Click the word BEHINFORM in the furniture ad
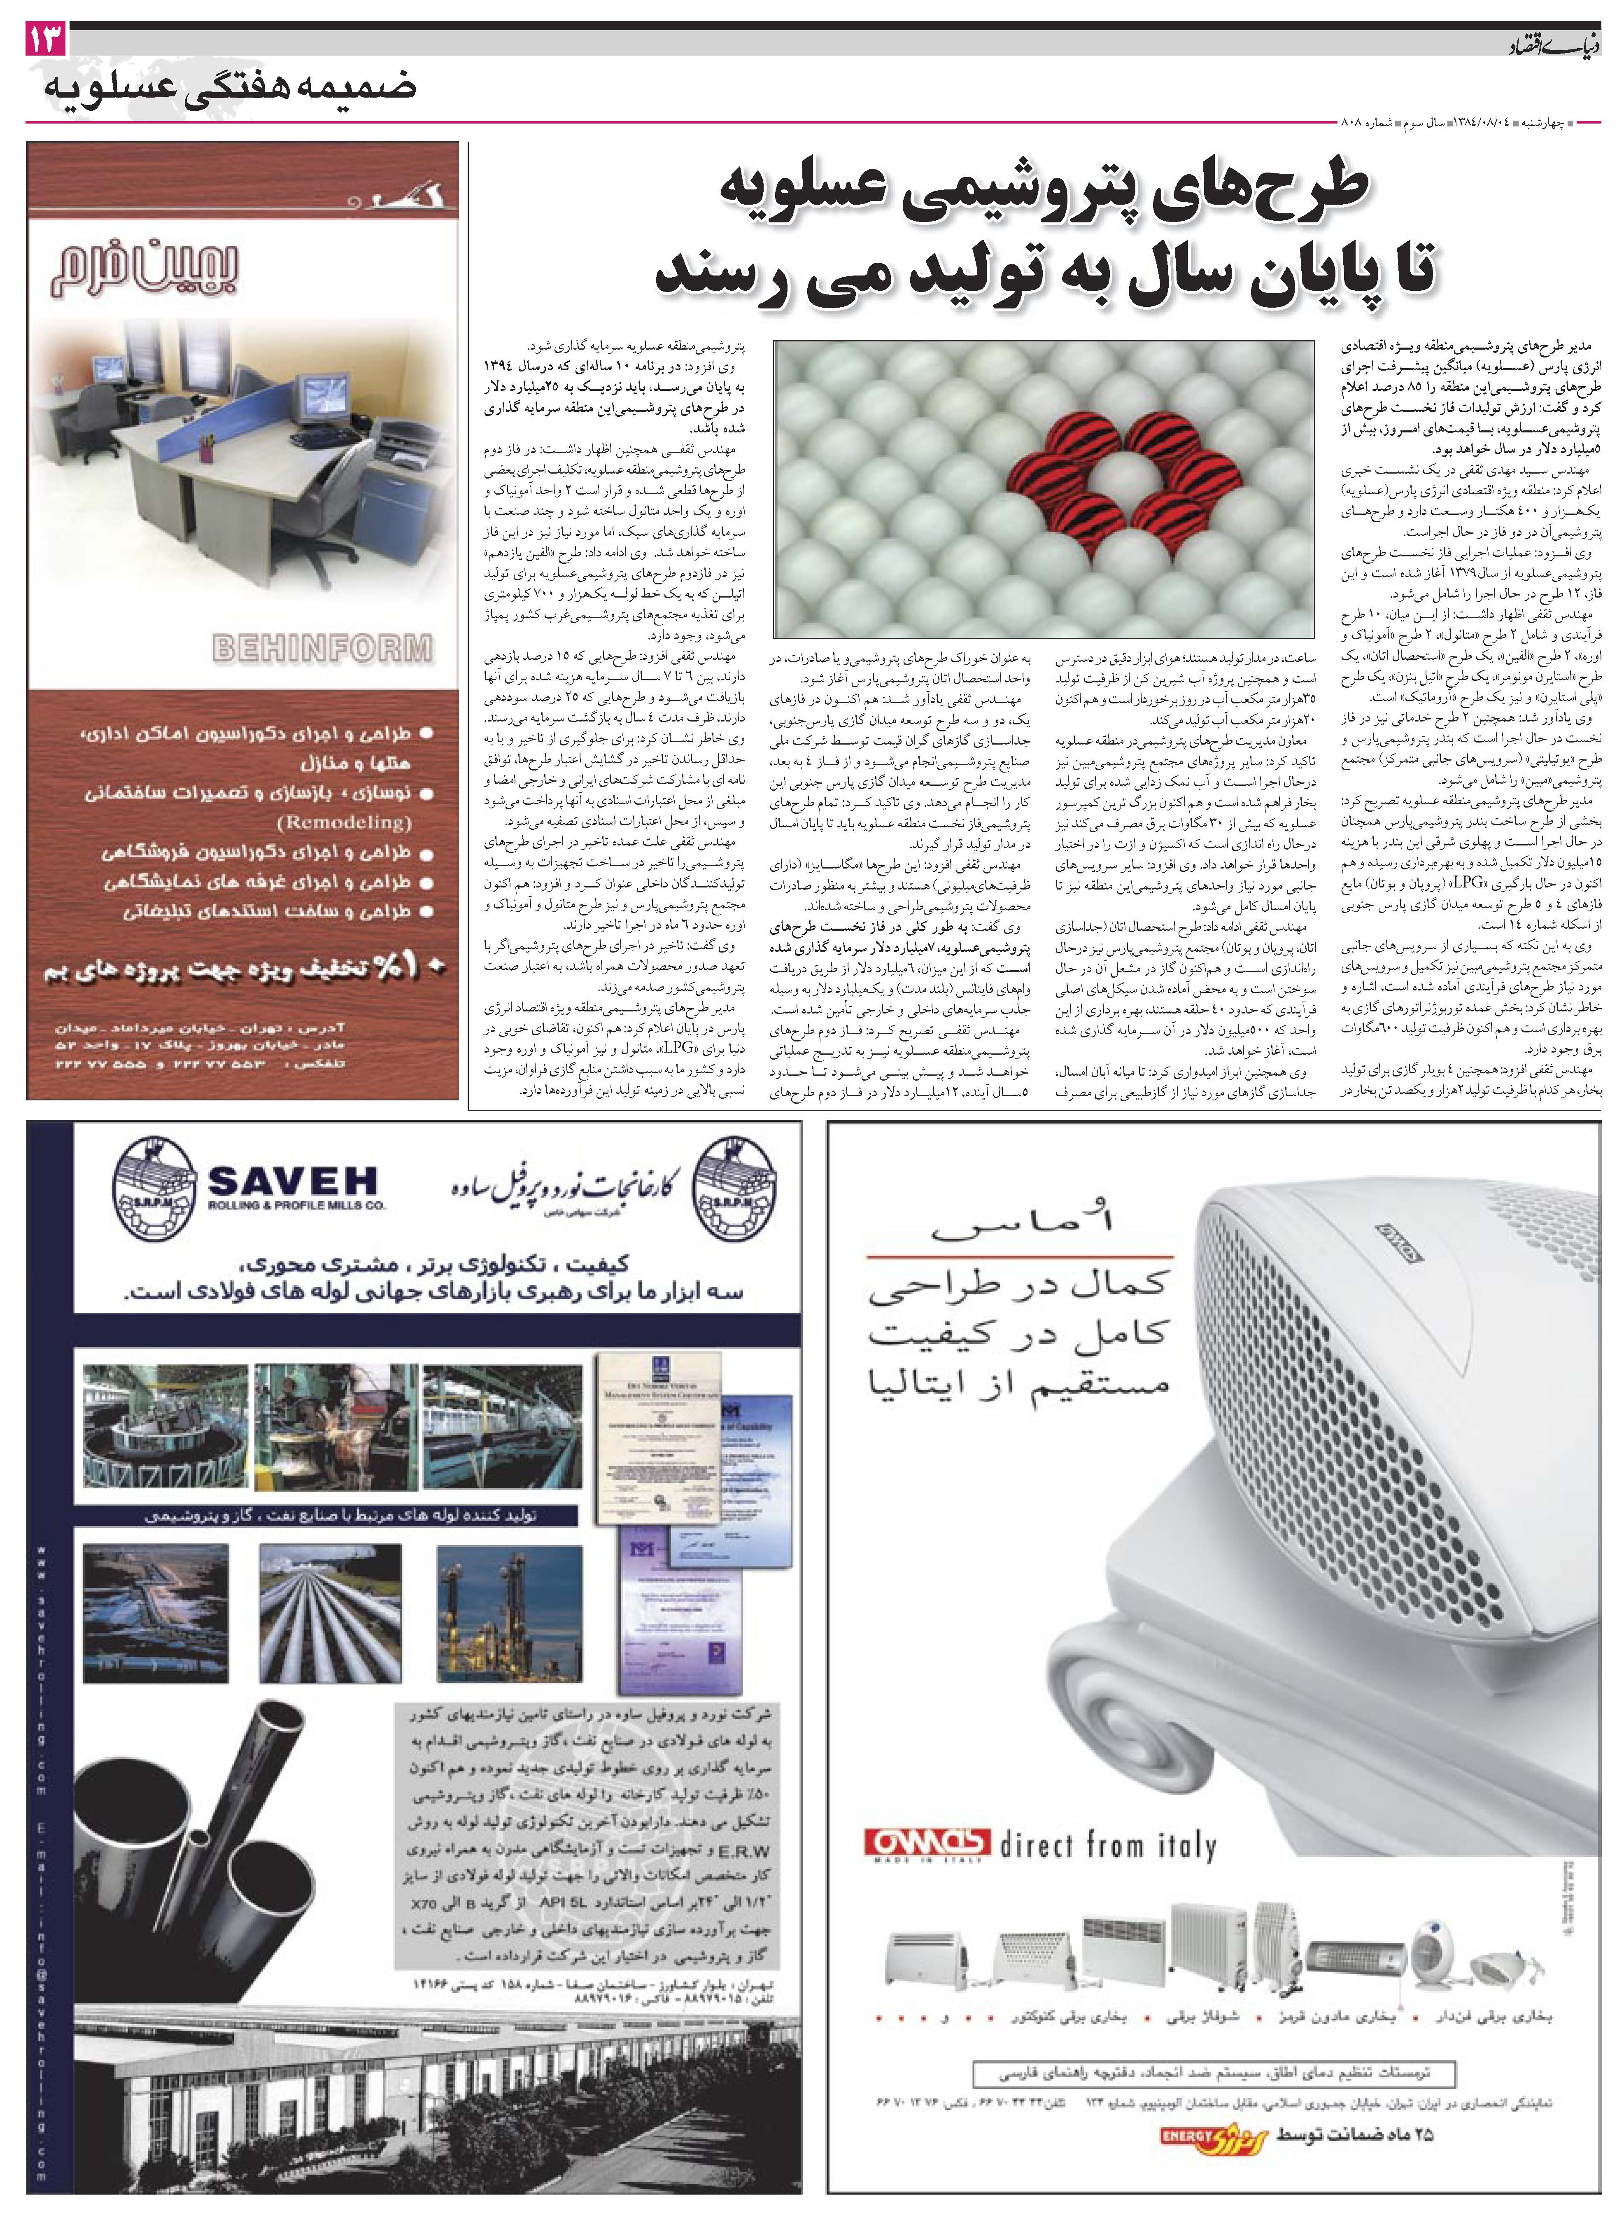click(x=322, y=648)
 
